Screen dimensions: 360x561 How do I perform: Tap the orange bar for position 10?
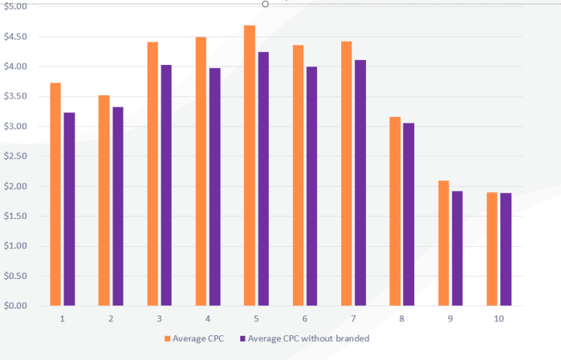492,249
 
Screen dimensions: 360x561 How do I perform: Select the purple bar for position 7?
360,183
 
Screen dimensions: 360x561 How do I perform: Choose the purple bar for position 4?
215,186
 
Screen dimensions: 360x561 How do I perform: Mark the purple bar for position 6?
312,186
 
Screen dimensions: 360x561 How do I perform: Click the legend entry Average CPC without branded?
306,339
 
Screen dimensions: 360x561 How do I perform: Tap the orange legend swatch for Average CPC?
167,339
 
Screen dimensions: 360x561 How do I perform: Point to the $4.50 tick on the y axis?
15,37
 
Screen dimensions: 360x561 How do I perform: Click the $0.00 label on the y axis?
15,306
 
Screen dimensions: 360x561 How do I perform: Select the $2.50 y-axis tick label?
15,156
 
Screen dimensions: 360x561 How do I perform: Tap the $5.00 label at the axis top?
15,6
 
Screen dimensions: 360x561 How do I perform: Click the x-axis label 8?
402,319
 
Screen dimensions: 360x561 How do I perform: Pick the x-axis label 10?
499,319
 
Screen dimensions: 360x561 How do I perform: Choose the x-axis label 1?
63,319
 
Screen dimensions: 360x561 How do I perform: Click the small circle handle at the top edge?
265,4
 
